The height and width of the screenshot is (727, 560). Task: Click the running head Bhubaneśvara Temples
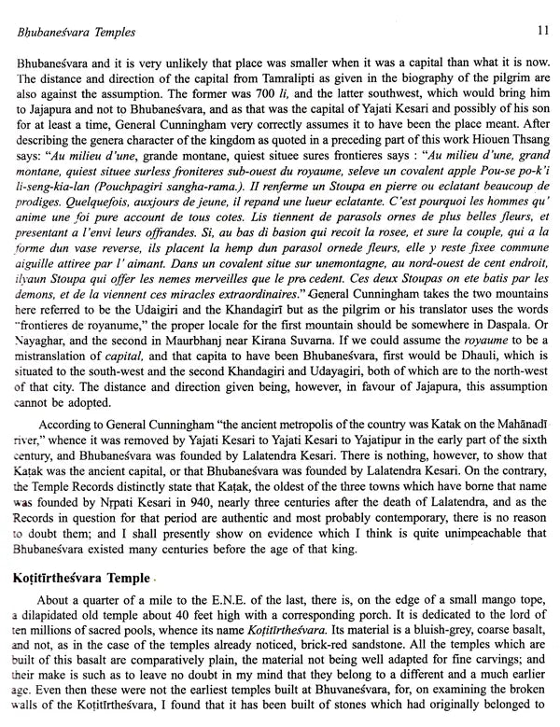click(71, 31)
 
